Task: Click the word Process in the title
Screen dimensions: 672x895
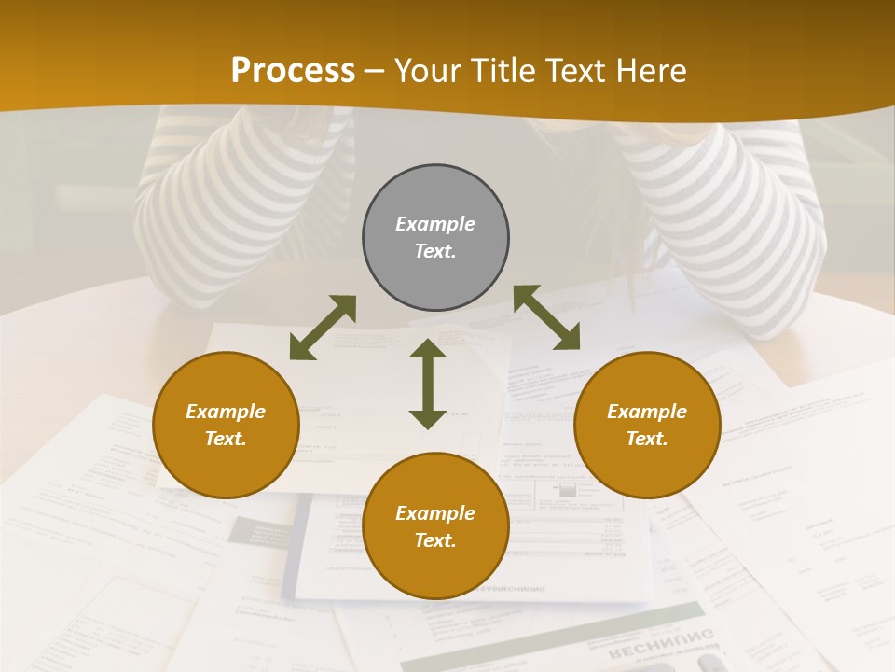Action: pos(293,71)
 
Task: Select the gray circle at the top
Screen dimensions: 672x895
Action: pos(435,238)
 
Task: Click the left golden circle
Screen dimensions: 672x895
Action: pos(226,425)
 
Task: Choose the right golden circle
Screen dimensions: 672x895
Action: pos(647,425)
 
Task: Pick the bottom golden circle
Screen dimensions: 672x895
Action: pos(435,526)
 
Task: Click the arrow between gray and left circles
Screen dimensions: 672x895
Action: pos(323,328)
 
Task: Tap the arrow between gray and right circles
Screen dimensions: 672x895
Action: pos(546,317)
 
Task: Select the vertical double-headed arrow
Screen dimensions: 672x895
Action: pos(428,384)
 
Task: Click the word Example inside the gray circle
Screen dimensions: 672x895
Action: pos(435,224)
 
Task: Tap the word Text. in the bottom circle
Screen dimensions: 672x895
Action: pos(435,540)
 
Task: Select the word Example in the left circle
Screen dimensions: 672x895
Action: pos(226,412)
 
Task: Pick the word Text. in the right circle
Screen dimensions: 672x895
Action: pos(647,439)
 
